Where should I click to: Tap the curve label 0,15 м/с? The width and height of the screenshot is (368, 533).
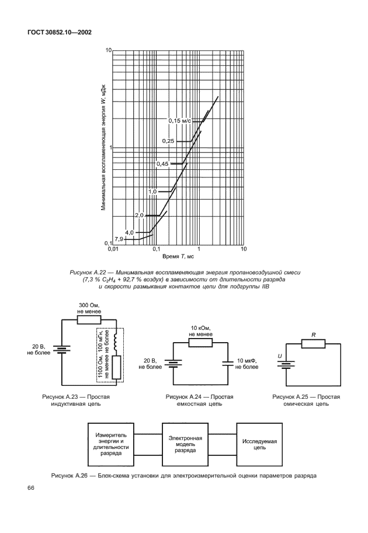click(180, 121)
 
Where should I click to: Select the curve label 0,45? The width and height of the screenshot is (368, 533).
click(162, 164)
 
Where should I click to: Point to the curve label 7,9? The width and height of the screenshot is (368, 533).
click(119, 239)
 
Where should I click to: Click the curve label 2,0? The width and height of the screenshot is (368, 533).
click(139, 215)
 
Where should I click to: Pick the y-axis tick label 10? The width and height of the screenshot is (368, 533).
click(108, 51)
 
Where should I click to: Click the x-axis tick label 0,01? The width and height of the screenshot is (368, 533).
click(113, 249)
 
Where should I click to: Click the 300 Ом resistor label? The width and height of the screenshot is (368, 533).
click(89, 308)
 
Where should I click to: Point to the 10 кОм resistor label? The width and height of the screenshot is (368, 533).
click(199, 331)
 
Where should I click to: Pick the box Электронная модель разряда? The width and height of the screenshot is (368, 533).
click(185, 444)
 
